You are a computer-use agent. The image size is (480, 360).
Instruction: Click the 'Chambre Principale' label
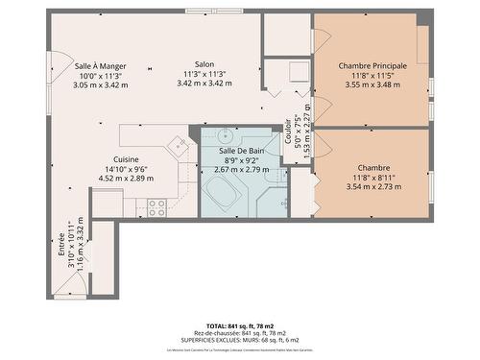[x=372, y=65]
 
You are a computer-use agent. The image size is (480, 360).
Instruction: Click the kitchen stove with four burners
[x=156, y=204]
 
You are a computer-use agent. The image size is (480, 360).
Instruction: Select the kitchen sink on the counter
[x=179, y=147]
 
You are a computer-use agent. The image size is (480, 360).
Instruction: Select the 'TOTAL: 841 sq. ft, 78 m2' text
[x=240, y=325]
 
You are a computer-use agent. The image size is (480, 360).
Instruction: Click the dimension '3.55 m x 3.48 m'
[x=372, y=84]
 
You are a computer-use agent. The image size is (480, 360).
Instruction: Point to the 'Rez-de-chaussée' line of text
[x=240, y=332]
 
